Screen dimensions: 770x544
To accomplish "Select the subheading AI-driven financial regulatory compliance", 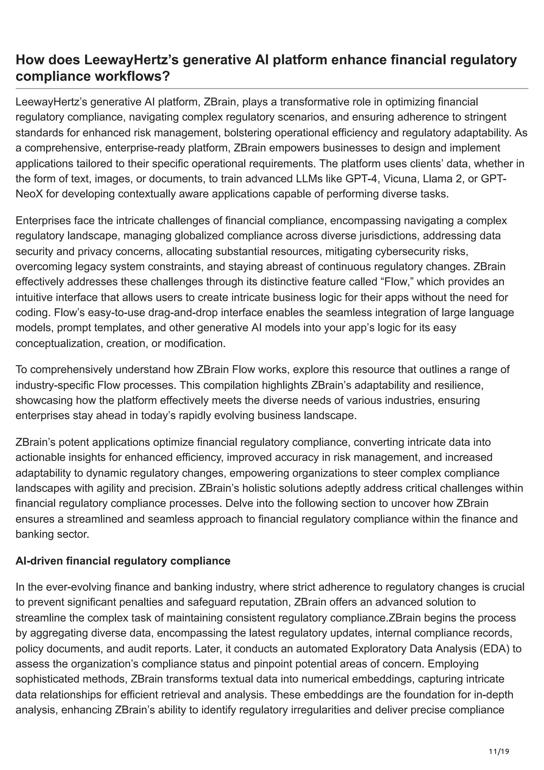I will pyautogui.click(x=123, y=561).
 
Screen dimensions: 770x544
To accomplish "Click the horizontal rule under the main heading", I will pyautogui.click(x=272, y=88).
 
